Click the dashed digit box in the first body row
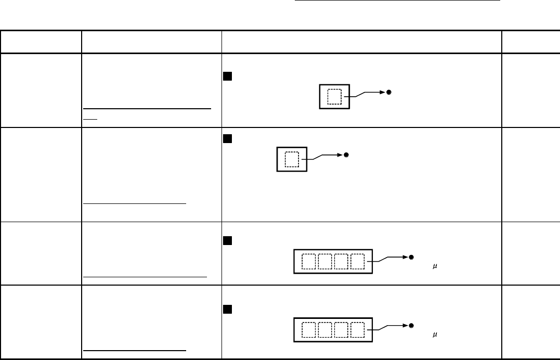334,96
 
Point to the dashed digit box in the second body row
292,159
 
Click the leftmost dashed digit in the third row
309,261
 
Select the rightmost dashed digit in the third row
358,261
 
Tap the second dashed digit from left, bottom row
325,329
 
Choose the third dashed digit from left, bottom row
342,329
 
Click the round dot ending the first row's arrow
388,92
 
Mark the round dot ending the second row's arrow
346,155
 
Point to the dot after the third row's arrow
411,257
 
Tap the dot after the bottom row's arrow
411,325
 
